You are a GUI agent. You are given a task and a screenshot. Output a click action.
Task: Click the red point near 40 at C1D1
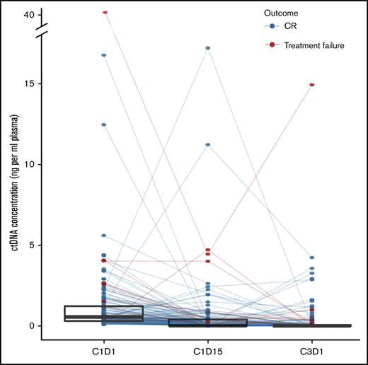tap(105, 13)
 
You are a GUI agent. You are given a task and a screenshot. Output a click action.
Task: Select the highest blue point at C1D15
tap(208, 48)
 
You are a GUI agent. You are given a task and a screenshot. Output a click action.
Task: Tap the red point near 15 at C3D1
tap(311, 85)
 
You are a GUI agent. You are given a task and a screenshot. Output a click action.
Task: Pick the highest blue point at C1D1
tap(104, 55)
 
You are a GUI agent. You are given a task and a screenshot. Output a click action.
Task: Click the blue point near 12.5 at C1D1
tap(104, 124)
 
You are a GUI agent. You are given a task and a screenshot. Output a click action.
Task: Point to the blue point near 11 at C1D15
tap(208, 145)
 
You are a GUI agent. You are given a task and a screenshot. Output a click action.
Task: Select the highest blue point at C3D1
tap(311, 257)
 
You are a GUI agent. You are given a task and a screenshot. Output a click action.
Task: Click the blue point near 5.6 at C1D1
tap(104, 236)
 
